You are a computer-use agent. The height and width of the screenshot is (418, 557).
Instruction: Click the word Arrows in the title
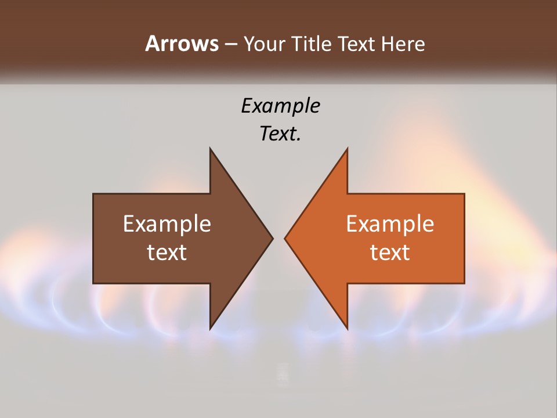pos(182,44)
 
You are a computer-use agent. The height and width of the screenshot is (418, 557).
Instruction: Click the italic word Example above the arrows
pos(280,106)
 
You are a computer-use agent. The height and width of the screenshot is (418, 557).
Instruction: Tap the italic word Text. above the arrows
pos(280,134)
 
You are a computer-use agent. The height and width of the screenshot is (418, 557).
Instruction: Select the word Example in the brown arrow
pos(167,224)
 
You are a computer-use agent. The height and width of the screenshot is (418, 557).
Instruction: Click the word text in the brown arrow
pos(167,252)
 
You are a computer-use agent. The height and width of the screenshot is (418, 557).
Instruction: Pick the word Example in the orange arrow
pos(390,224)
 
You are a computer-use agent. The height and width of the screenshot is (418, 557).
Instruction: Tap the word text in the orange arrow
pos(390,252)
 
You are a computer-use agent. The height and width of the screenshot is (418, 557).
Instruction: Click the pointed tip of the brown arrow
pos(272,238)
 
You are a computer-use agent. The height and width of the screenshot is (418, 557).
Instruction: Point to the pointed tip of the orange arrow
pos(285,238)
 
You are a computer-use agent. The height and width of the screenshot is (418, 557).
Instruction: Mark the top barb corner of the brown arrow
pos(211,149)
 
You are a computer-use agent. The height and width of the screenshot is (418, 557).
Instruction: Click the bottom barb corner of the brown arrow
pos(211,328)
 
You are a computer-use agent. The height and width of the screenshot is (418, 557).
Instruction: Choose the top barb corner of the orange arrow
pos(347,149)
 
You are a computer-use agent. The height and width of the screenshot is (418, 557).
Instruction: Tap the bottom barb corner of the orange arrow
pos(347,328)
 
